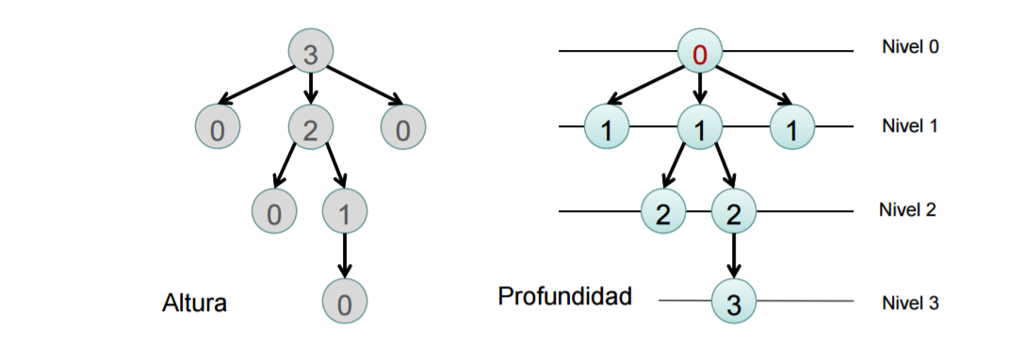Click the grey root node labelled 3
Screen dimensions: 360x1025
pyautogui.click(x=310, y=56)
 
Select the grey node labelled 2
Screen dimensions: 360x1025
pyautogui.click(x=310, y=132)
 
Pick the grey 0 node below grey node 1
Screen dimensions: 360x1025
pyautogui.click(x=345, y=303)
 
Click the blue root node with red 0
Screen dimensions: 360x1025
pyautogui.click(x=699, y=56)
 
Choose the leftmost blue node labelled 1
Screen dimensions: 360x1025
pyautogui.click(x=607, y=132)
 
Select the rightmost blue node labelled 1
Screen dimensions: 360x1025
pyautogui.click(x=793, y=132)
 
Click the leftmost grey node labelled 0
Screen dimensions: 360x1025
pyautogui.click(x=218, y=132)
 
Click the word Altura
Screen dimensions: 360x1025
pyautogui.click(x=195, y=304)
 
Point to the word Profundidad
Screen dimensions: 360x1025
pyautogui.click(x=564, y=297)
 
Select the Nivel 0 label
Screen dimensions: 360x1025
pyautogui.click(x=910, y=46)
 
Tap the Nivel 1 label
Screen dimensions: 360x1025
pyautogui.click(x=910, y=125)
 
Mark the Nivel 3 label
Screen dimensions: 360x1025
pyautogui.click(x=910, y=303)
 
